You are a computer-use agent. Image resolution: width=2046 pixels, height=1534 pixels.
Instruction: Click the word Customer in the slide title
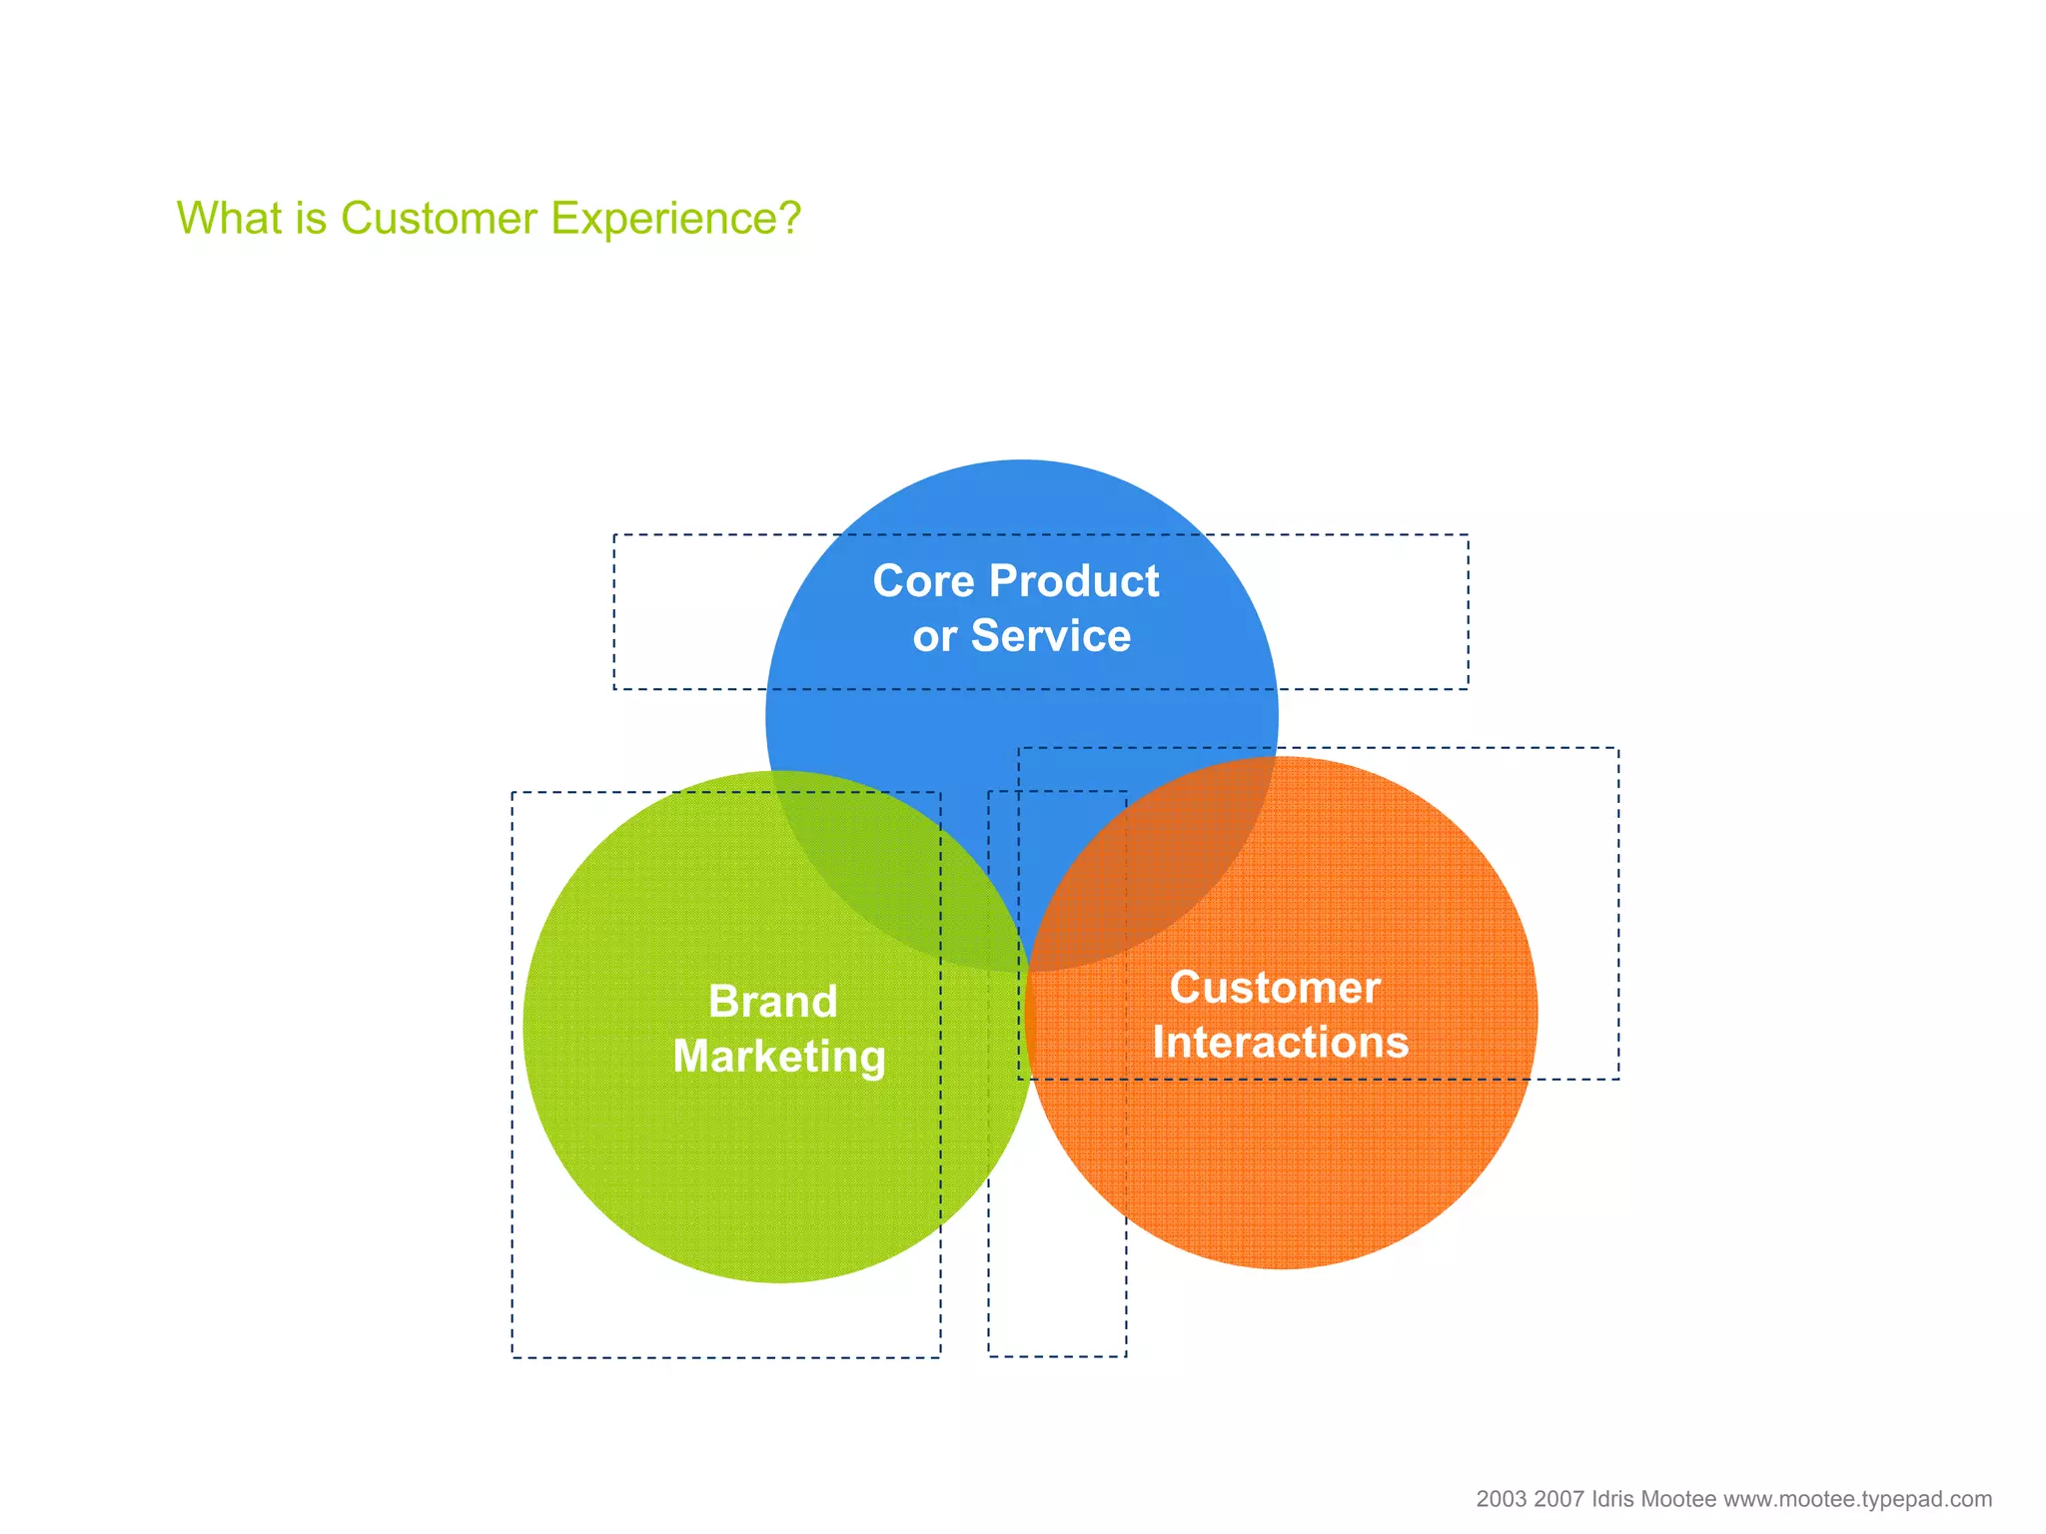pyautogui.click(x=439, y=219)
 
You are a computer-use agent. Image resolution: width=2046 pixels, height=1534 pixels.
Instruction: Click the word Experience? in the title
pyautogui.click(x=675, y=219)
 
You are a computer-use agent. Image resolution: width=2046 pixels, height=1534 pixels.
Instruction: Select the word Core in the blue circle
pyautogui.click(x=923, y=581)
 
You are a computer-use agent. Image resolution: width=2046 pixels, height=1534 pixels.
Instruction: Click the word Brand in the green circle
pyautogui.click(x=772, y=1002)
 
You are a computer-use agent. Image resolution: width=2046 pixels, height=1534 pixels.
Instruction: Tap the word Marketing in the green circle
pyautogui.click(x=778, y=1057)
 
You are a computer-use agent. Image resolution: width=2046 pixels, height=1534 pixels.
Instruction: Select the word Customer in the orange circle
pyautogui.click(x=1274, y=988)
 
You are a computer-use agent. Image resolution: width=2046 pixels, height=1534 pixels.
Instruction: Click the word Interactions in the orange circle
pyautogui.click(x=1280, y=1043)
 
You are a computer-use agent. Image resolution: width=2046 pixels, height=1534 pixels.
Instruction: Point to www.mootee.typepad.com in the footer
pyautogui.click(x=1857, y=1499)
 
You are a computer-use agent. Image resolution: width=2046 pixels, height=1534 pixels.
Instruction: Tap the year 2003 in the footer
pyautogui.click(x=1502, y=1499)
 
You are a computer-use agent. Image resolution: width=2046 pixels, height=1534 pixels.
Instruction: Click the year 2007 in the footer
pyautogui.click(x=1558, y=1499)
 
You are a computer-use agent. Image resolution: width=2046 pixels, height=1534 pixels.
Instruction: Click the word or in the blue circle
pyautogui.click(x=934, y=637)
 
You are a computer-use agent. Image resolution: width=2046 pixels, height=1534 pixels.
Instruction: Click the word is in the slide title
pyautogui.click(x=311, y=219)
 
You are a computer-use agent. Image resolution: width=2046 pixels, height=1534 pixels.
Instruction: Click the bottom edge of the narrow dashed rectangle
pyautogui.click(x=1057, y=1355)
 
